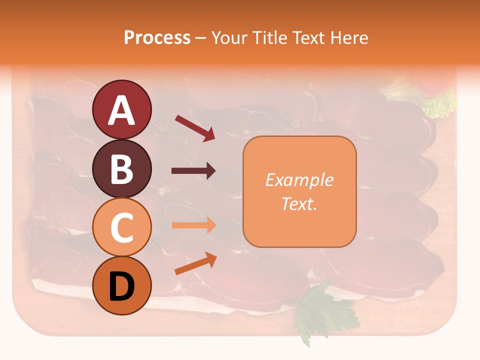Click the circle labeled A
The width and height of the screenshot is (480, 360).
pos(121,109)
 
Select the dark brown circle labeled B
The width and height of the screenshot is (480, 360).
pos(121,168)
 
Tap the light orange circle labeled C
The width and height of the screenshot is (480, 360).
pos(121,227)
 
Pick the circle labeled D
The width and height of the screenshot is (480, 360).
pos(121,286)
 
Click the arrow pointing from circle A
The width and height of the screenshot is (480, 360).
pos(195,127)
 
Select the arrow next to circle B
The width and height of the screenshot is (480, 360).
pos(193,171)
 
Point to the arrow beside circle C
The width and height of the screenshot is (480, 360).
pos(193,225)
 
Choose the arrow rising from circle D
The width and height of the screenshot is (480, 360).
pos(195,264)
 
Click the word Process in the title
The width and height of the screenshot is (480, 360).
pos(157,37)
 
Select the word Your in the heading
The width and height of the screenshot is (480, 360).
pos(228,37)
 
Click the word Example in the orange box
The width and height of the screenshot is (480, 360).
pos(299,180)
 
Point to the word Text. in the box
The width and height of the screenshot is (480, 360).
pos(299,203)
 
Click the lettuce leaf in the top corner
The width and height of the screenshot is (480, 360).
pos(440,102)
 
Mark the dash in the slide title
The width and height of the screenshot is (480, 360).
pos(200,38)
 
